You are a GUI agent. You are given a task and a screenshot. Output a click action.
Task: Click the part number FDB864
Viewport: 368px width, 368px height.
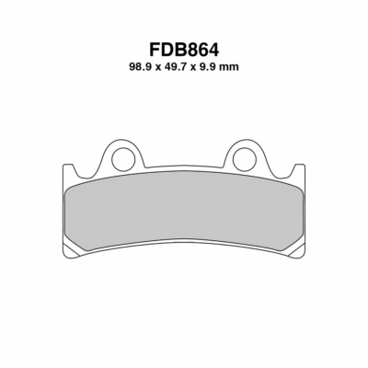point(184,50)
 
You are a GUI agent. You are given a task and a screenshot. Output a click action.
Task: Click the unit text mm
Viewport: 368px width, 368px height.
point(228,68)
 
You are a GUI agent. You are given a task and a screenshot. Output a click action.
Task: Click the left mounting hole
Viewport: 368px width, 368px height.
point(123,159)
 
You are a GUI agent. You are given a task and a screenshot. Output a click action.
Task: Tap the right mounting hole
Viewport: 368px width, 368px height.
point(245,159)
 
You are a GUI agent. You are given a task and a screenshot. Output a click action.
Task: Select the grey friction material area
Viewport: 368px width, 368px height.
point(184,210)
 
